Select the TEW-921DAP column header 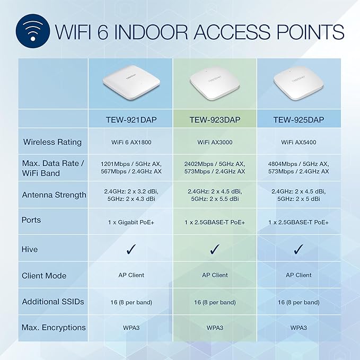pos(131,120)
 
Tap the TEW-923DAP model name pos(215,120)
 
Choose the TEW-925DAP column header pos(298,120)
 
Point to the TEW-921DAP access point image pos(130,84)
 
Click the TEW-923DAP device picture pos(215,84)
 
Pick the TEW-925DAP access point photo pos(298,84)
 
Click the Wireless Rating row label pos(52,142)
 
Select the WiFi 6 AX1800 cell pos(131,142)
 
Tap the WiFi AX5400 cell pos(298,142)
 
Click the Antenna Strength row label pos(54,195)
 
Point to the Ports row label pos(31,219)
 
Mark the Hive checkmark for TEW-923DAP pos(215,249)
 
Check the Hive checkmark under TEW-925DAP pos(298,249)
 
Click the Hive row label pos(30,249)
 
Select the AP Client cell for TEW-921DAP pos(131,275)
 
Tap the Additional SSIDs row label pos(53,302)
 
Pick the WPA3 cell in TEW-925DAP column pos(298,328)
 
